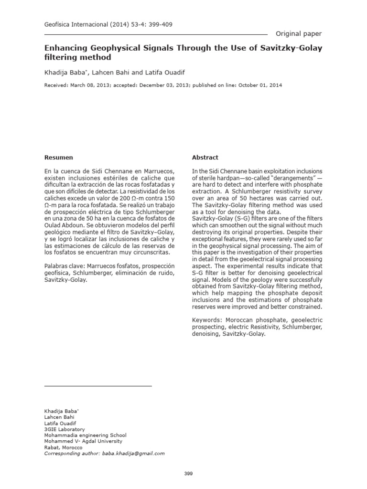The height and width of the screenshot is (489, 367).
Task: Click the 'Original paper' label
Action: click(x=299, y=33)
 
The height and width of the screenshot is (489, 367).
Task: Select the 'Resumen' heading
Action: click(x=58, y=157)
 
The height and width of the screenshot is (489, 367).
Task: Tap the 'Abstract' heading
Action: click(x=205, y=157)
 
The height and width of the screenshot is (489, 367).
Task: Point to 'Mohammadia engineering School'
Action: click(x=85, y=435)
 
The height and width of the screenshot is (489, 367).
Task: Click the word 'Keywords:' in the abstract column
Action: click(x=206, y=320)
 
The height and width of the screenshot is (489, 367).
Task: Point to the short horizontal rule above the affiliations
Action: click(x=97, y=385)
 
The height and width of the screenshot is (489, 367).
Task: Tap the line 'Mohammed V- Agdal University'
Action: click(x=83, y=441)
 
